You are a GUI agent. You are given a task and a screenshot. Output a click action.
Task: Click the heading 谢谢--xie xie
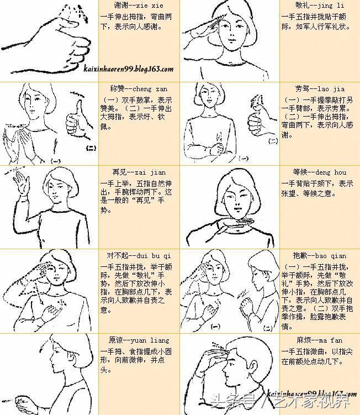point(139,6)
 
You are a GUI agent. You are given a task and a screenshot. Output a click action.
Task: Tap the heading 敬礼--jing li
point(320,5)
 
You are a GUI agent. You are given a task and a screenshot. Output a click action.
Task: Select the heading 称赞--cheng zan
point(139,88)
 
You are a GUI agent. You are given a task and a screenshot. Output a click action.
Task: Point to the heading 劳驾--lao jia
point(320,88)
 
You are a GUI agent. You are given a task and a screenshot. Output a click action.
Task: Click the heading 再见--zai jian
point(139,172)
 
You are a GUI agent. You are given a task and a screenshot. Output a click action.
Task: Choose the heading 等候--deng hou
point(320,172)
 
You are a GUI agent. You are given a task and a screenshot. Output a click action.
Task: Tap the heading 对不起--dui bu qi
point(139,256)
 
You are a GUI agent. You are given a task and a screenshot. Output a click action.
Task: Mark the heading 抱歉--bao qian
point(320,256)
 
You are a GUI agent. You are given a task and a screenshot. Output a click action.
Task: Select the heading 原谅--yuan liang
point(139,340)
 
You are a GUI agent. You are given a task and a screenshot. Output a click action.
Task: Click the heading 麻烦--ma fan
point(320,340)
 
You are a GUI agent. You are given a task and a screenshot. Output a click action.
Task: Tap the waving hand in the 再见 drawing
point(20,183)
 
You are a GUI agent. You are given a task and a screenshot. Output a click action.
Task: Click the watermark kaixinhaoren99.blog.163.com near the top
point(129,69)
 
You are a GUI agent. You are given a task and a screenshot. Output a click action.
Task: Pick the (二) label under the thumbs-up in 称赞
point(91,148)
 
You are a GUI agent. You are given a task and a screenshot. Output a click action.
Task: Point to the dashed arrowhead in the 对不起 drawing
point(41,302)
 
